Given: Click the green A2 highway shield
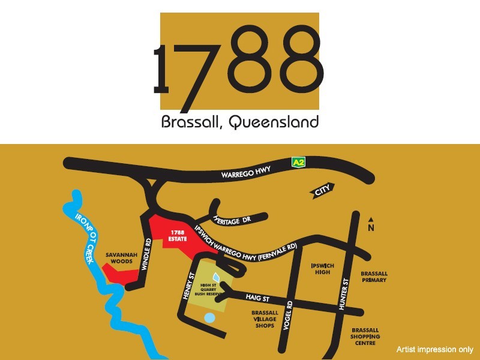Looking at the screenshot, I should click(298, 162).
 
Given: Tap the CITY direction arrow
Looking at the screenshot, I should click(323, 191).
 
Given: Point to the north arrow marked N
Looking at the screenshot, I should click(371, 224).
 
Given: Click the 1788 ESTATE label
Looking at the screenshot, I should click(177, 235).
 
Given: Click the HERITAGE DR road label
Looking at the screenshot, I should click(232, 220).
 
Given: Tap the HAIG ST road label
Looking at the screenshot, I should click(257, 298).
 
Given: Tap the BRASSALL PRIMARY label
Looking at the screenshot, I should click(374, 277).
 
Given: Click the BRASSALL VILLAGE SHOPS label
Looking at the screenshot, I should click(265, 319).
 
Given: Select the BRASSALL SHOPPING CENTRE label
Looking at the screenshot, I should click(365, 337).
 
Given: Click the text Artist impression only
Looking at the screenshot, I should click(434, 349).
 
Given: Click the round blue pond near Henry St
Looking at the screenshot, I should click(209, 317).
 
